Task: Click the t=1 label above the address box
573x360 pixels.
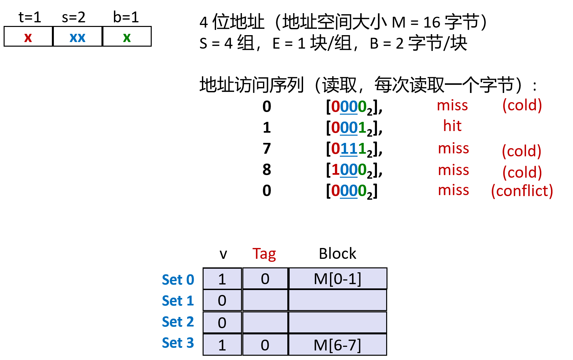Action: click(30, 17)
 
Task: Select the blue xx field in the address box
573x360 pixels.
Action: click(77, 37)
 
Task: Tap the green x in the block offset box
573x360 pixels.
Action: click(127, 37)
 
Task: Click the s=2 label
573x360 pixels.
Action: click(74, 17)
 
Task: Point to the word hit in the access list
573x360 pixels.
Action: click(452, 126)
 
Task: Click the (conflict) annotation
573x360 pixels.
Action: click(522, 191)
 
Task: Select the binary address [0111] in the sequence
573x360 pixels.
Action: click(354, 149)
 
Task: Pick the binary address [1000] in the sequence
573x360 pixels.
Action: click(354, 170)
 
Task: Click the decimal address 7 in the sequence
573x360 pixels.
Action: click(267, 149)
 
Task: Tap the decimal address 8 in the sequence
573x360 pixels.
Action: click(267, 170)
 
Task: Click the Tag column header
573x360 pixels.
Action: click(264, 254)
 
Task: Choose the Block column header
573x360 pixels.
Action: click(337, 254)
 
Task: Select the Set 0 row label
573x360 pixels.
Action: click(178, 280)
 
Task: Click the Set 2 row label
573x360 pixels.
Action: click(178, 322)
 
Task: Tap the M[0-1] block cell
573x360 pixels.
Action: click(338, 279)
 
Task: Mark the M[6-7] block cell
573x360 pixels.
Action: click(338, 345)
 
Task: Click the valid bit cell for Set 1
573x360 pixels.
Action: click(222, 301)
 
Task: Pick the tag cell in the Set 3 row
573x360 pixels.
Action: click(265, 345)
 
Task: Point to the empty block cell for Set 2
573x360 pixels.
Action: click(338, 323)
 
